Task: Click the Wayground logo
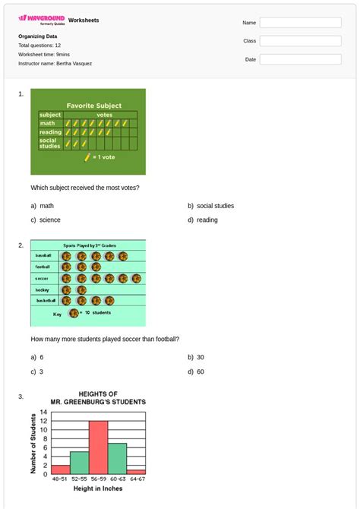click(x=41, y=19)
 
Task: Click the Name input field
click(x=300, y=23)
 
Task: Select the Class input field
click(x=300, y=41)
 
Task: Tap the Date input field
click(x=300, y=59)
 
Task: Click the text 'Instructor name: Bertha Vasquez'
click(x=55, y=64)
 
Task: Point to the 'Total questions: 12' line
click(x=39, y=46)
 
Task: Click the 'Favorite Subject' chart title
click(x=93, y=106)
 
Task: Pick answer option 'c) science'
click(x=46, y=220)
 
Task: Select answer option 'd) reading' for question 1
click(x=202, y=220)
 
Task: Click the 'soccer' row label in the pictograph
click(x=43, y=279)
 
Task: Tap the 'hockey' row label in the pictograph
click(x=43, y=289)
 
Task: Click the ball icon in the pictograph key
click(x=74, y=313)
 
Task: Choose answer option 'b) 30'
click(x=196, y=357)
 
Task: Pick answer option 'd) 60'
click(x=196, y=372)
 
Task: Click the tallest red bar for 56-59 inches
click(x=98, y=448)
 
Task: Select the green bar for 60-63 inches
click(x=117, y=459)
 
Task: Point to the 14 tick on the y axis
click(x=44, y=413)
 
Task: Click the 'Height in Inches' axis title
click(x=98, y=488)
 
